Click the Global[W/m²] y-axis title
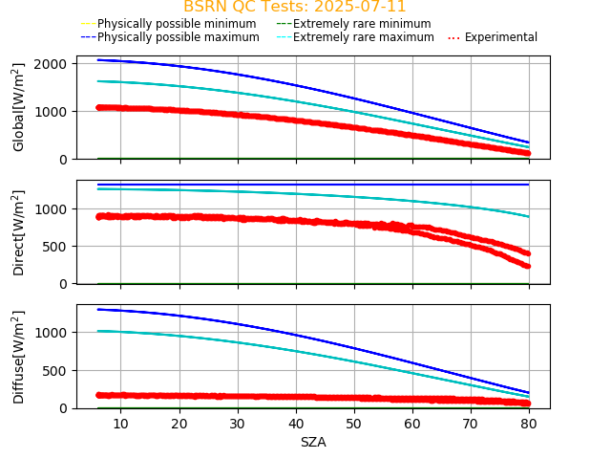coord(19,107)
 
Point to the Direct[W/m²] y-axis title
coord(19,232)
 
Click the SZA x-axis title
coord(313,442)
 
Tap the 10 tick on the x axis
coord(120,423)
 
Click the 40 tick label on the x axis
coord(296,423)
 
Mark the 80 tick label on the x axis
coord(529,423)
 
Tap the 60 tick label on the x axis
coord(412,423)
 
